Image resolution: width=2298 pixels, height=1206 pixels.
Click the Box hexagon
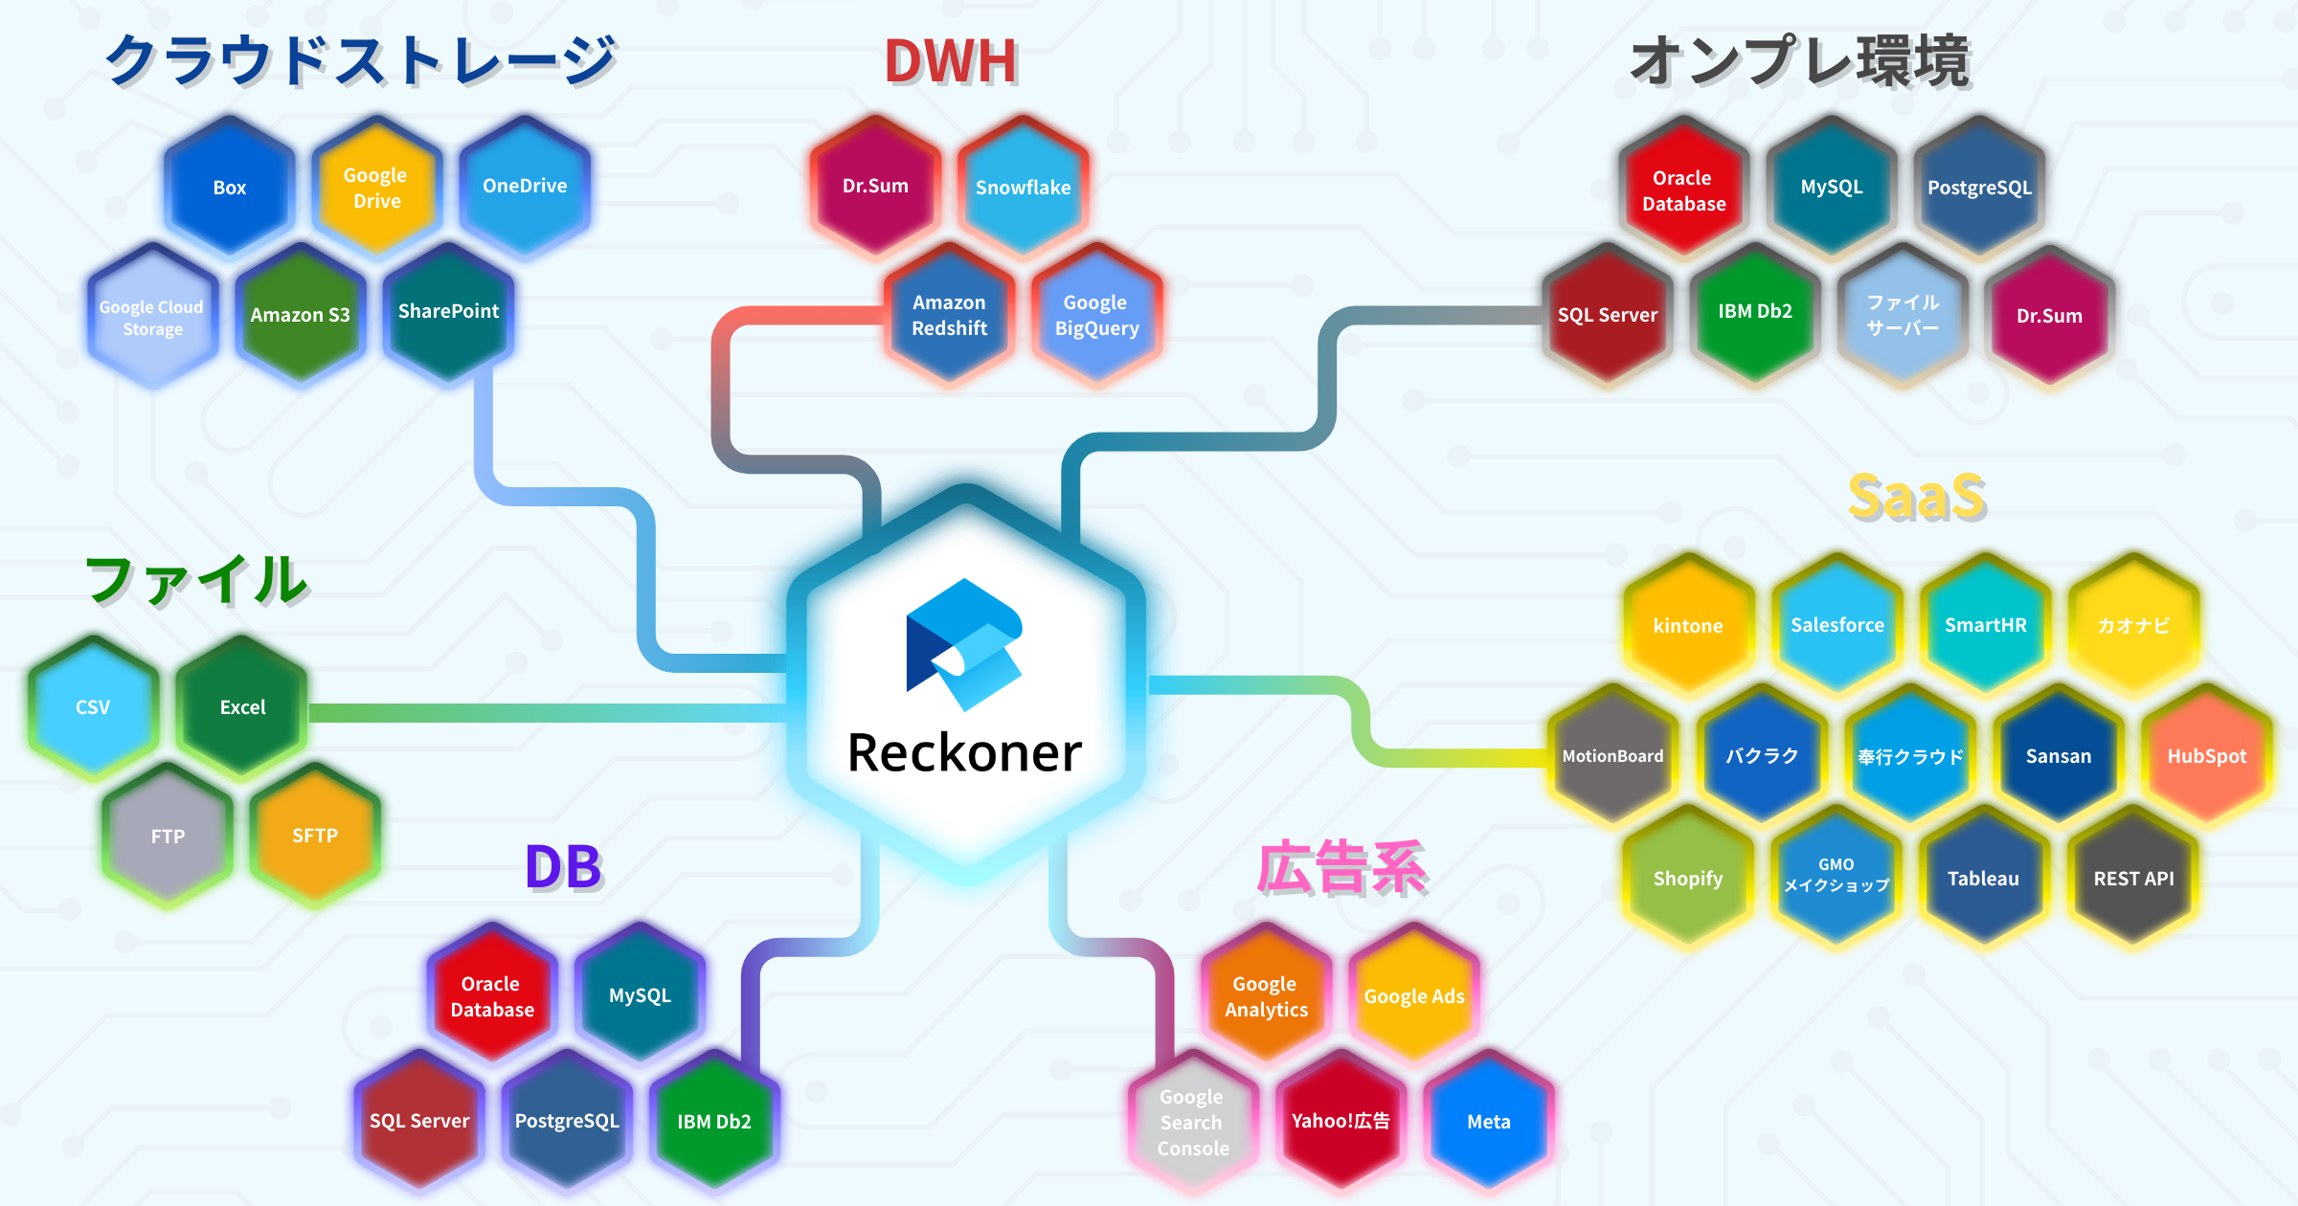point(230,188)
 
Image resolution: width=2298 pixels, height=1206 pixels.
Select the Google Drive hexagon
point(376,188)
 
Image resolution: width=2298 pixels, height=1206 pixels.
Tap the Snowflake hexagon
point(1023,188)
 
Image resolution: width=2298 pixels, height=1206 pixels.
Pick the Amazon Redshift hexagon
point(949,315)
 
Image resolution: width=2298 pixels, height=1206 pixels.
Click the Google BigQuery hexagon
point(1096,315)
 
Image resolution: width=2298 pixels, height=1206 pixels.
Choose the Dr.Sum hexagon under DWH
point(875,187)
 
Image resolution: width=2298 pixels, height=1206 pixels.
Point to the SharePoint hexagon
point(448,312)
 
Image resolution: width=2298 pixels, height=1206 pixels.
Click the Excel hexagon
point(242,707)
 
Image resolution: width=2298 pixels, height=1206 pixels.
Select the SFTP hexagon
point(315,836)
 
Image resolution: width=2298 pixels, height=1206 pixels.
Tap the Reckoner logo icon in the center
point(964,644)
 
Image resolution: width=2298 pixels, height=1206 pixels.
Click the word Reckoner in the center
point(964,753)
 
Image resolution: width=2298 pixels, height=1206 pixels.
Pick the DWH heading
point(950,62)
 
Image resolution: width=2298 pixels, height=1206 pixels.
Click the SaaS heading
point(1916,498)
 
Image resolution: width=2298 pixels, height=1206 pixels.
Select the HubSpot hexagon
point(2206,756)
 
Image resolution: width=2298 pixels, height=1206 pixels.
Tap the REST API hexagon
point(2133,879)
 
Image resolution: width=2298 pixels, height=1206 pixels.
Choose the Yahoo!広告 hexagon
point(1340,1121)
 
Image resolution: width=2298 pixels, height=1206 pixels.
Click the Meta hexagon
point(1488,1122)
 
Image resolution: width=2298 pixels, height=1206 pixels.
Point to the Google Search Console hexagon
point(1192,1122)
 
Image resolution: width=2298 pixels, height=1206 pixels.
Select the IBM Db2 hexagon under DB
point(714,1122)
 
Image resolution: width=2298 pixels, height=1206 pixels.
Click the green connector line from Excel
point(546,713)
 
